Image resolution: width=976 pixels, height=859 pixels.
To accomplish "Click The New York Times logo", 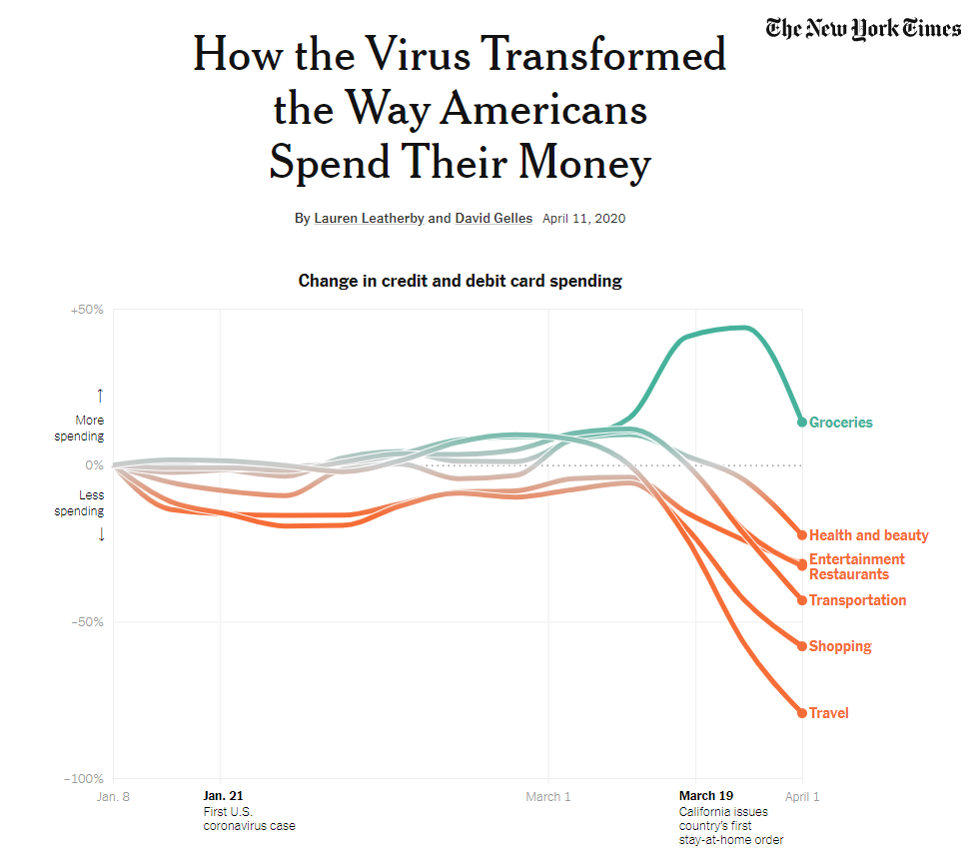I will pos(863,28).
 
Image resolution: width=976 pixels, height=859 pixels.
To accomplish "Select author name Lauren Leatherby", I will pos(369,218).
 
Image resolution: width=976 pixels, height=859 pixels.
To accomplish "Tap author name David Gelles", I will pos(493,218).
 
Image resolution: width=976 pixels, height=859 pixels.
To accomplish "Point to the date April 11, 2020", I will pos(583,218).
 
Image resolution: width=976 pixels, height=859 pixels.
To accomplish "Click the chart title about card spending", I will pos(460,281).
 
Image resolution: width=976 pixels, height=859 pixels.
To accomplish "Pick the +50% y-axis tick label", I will pos(87,310).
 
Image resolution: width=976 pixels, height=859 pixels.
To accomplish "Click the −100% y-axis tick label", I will pos(84,778).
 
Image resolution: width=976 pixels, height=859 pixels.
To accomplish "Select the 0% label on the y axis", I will pos(93,465).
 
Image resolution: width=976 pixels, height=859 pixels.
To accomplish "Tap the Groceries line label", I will pos(840,423).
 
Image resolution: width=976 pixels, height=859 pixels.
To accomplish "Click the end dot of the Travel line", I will pos(801,712).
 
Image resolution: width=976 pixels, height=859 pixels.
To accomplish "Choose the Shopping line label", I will pos(839,646).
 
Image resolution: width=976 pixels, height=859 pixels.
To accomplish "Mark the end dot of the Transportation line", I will pos(801,600).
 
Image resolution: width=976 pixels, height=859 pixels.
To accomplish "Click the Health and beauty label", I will pos(868,535).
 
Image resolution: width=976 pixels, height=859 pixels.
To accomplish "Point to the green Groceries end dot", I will pos(801,422).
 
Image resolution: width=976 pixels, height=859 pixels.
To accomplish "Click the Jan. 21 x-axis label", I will pos(223,796).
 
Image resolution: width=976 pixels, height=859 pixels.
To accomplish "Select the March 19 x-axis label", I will pos(705,796).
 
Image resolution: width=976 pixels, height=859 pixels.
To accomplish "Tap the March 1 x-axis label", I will pos(548,796).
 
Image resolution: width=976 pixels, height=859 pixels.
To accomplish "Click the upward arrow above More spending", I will pos(100,396).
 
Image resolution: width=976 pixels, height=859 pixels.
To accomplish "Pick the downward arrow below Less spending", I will pos(100,534).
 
